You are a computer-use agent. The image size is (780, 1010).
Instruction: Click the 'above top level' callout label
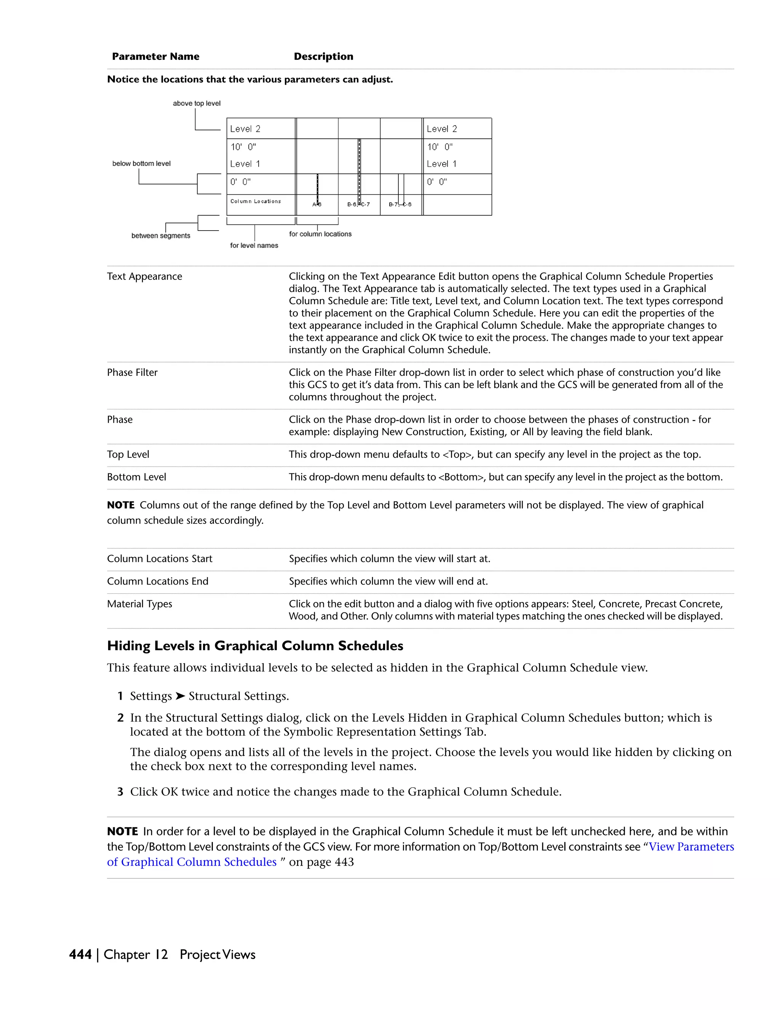tap(197, 103)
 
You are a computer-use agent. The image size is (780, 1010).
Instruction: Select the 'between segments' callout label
tap(160, 236)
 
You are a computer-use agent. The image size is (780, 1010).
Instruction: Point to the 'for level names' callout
tap(254, 245)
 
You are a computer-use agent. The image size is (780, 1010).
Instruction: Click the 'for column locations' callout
tap(320, 234)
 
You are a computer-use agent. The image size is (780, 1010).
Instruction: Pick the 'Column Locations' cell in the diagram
tap(256, 201)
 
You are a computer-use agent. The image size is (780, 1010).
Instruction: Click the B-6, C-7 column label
tap(358, 204)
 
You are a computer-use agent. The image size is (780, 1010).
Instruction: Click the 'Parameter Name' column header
tap(156, 56)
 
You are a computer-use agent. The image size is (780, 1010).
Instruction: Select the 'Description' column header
tap(323, 56)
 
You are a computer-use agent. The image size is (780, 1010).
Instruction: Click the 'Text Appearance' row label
tap(145, 277)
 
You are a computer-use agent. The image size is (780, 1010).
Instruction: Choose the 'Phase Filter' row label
tap(132, 373)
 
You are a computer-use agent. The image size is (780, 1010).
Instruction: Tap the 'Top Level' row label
tap(128, 455)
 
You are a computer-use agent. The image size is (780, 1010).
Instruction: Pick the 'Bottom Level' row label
tap(136, 477)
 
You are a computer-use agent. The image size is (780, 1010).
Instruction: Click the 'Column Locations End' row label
tap(158, 581)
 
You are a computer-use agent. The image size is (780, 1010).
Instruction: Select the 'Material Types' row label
tap(139, 604)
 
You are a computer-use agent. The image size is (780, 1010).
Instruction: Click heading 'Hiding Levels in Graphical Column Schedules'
tap(255, 646)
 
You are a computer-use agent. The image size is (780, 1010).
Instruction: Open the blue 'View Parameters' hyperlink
tap(691, 847)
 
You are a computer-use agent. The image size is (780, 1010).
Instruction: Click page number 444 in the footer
tap(80, 954)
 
